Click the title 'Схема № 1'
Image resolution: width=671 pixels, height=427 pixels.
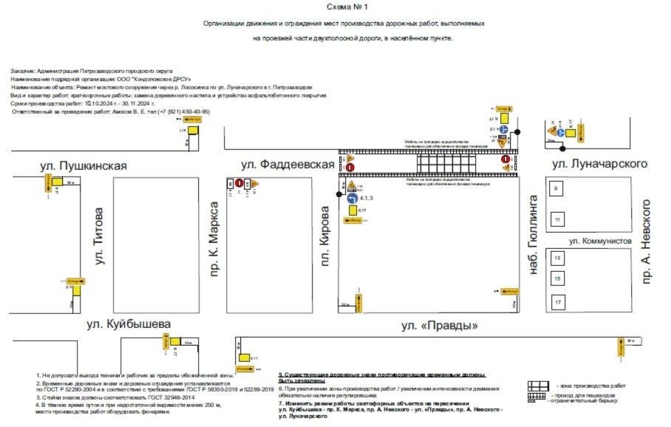click(x=344, y=7)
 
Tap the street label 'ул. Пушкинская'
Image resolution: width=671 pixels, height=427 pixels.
click(x=84, y=165)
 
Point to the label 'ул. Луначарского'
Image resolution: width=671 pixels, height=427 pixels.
click(x=599, y=163)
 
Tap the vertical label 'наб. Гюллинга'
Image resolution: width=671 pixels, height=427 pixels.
click(x=531, y=236)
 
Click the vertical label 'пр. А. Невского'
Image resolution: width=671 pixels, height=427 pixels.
click(x=647, y=241)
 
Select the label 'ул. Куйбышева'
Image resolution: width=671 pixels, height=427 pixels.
click(x=128, y=324)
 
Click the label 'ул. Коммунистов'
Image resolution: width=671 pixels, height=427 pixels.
click(x=600, y=241)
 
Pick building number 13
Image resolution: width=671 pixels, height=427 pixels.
click(x=558, y=258)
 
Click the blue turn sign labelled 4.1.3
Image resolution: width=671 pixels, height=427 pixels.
click(x=352, y=198)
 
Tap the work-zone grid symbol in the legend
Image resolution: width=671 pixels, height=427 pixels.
click(x=537, y=386)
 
